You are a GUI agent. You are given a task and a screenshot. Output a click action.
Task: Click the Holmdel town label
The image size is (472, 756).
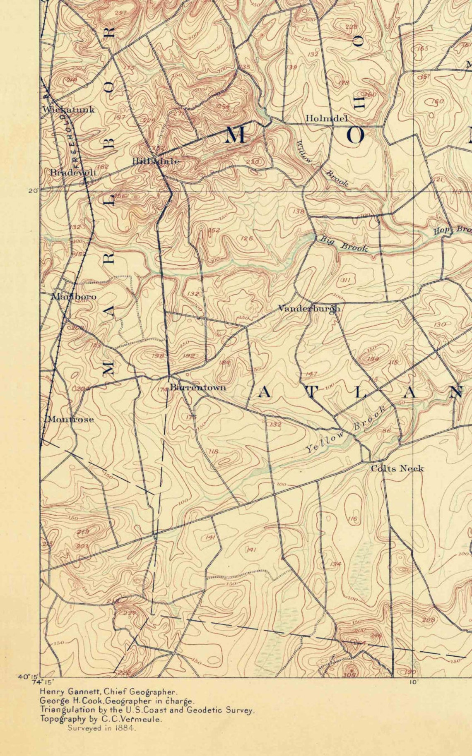[x=326, y=118]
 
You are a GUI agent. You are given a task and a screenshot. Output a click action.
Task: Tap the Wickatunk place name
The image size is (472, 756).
[x=69, y=110]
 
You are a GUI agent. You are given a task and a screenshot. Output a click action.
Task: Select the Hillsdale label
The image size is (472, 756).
[x=156, y=161]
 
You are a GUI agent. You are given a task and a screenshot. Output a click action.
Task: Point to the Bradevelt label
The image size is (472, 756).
[x=73, y=173]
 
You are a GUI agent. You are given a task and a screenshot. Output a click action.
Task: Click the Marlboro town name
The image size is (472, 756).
[x=74, y=297]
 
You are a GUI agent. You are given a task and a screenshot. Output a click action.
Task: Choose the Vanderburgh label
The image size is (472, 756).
[x=309, y=308]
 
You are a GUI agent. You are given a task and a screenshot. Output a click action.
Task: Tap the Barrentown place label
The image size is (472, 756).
[x=198, y=387]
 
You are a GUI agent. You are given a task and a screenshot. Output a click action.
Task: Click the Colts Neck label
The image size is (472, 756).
[x=397, y=468]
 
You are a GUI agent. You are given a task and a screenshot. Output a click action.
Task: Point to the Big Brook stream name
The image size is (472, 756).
[x=342, y=243]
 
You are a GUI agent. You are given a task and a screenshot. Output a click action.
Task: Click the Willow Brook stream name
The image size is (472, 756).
[x=320, y=163]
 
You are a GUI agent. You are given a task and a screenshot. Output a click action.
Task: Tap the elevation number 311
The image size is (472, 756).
[x=346, y=280]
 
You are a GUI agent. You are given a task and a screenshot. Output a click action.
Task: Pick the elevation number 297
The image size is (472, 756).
[x=120, y=13]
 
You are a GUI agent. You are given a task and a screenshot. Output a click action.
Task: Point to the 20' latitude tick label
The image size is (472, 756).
[x=33, y=191]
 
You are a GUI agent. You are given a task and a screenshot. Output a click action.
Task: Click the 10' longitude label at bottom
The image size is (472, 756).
[x=413, y=682]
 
